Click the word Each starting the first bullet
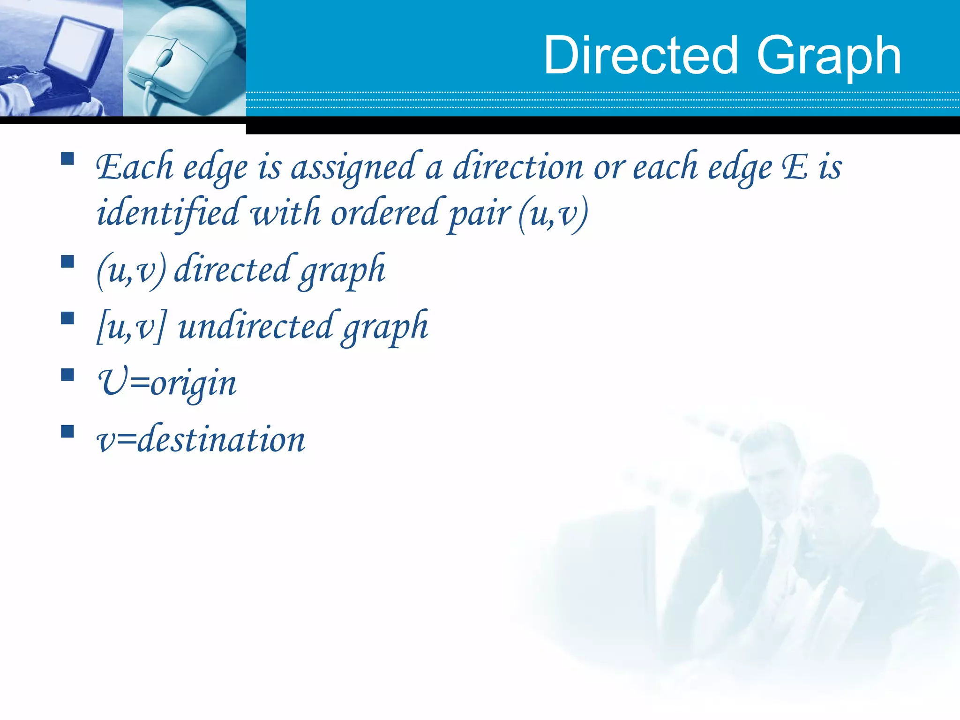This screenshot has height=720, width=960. coord(135,167)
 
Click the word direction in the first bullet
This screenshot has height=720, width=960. coord(517,167)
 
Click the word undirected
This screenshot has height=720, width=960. coord(255,326)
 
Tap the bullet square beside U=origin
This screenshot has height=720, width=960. coord(67,375)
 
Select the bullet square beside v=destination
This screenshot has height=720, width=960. coord(67,431)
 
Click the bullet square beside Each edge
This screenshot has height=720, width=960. coord(67,159)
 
